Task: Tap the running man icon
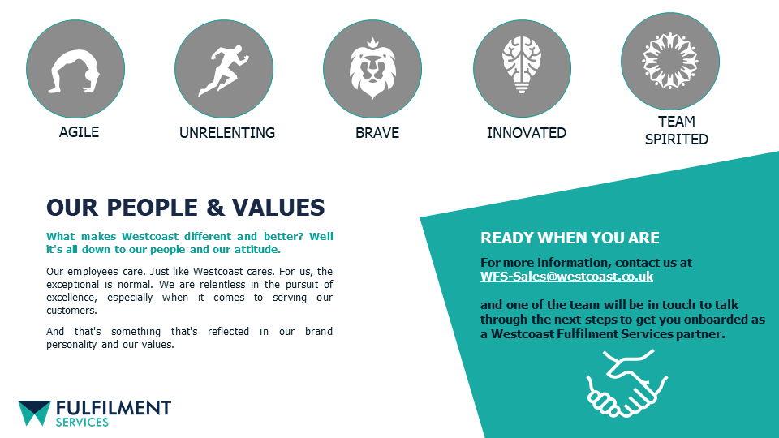click(224, 71)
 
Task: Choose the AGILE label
click(79, 132)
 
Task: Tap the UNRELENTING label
click(227, 133)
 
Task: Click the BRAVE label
click(377, 133)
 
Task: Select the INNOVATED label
click(526, 133)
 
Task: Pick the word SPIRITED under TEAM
click(676, 140)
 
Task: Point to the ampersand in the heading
click(215, 208)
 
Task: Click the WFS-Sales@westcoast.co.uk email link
click(566, 277)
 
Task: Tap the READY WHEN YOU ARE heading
click(570, 238)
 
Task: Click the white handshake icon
click(627, 383)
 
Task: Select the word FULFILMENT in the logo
click(114, 408)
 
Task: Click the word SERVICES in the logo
click(82, 422)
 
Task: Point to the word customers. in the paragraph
click(71, 311)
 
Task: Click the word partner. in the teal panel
click(700, 334)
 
